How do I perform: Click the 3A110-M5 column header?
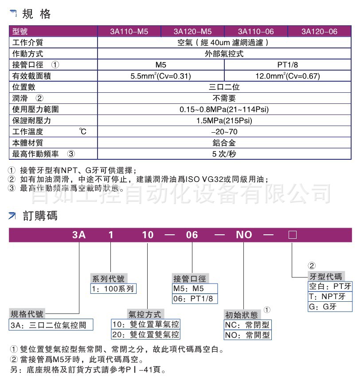pyautogui.click(x=129, y=32)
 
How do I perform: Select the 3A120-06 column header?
pyautogui.click(x=319, y=32)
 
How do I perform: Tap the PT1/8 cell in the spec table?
pyautogui.click(x=288, y=65)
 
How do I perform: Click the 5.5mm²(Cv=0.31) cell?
pyautogui.click(x=160, y=76)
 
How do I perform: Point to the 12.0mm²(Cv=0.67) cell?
pyautogui.click(x=288, y=76)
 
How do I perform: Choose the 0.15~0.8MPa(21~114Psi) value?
pyautogui.click(x=224, y=109)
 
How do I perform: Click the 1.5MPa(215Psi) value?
pyautogui.click(x=224, y=120)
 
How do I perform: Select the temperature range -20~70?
pyautogui.click(x=224, y=131)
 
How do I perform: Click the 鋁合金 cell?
pyautogui.click(x=224, y=142)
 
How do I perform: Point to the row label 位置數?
pyautogui.click(x=24, y=87)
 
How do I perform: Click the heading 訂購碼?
pyautogui.click(x=40, y=216)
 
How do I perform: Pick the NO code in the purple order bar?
pyautogui.click(x=244, y=235)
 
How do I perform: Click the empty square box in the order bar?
pyautogui.click(x=292, y=235)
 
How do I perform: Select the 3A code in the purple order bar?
pyautogui.click(x=79, y=235)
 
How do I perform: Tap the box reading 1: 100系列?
pyautogui.click(x=113, y=289)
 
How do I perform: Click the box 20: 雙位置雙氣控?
pyautogui.click(x=146, y=335)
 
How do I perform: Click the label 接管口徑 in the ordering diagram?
pyautogui.click(x=190, y=279)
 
